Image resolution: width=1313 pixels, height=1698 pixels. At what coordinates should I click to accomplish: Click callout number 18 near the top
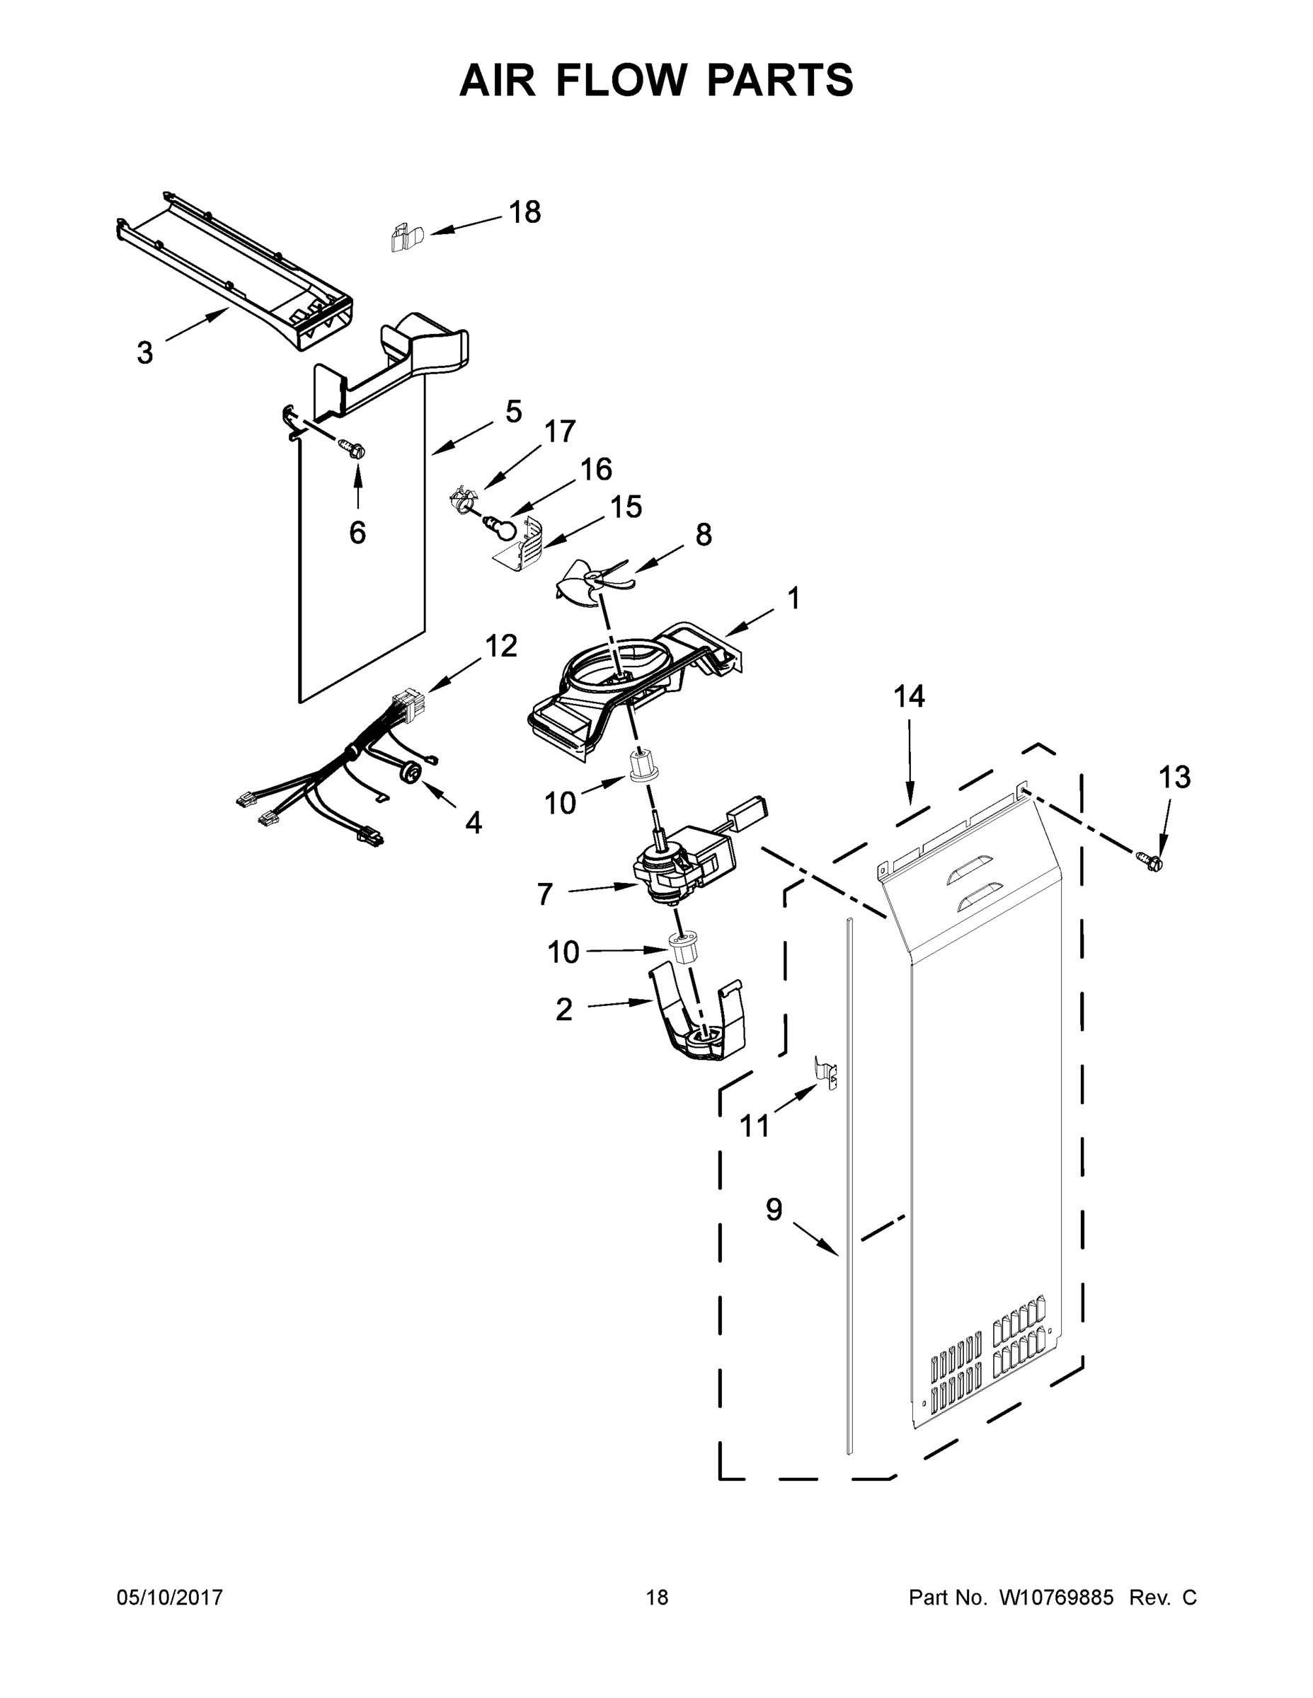(x=524, y=212)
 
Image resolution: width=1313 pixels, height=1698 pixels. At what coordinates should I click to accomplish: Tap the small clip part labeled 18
(x=404, y=237)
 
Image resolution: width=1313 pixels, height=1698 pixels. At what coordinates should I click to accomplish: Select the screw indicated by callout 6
(x=352, y=449)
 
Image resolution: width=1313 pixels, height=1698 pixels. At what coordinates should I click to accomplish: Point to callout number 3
(x=144, y=353)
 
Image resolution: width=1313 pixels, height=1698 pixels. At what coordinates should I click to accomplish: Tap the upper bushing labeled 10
(x=642, y=767)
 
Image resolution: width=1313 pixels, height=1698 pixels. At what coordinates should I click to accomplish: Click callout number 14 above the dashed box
(x=909, y=696)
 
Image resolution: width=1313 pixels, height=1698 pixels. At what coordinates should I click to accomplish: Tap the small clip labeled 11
(x=827, y=1070)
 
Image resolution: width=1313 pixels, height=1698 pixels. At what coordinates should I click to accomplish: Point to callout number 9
(x=773, y=1210)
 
